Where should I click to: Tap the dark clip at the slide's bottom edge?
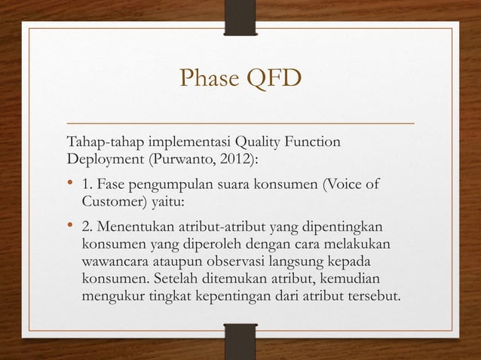pos(240,340)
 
